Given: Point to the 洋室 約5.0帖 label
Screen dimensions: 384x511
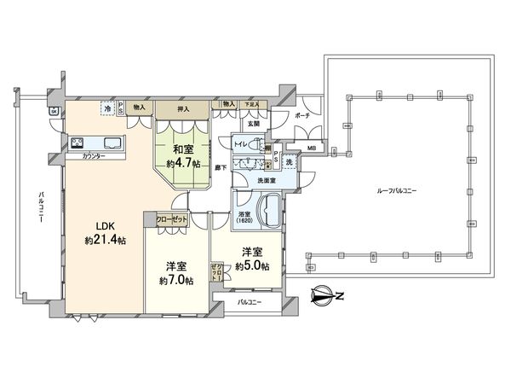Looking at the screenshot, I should [253, 259].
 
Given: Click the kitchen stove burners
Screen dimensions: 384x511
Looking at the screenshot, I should [77, 143].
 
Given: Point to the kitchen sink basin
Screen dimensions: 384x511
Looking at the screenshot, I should [112, 143].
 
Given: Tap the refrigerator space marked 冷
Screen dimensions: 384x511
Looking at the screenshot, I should [106, 108].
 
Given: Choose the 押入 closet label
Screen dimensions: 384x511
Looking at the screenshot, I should [183, 108].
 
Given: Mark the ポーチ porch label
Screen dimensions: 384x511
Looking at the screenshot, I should [301, 113].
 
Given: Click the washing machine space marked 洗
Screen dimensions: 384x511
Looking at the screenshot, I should [290, 162].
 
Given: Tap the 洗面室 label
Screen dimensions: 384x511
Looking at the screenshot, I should [259, 180].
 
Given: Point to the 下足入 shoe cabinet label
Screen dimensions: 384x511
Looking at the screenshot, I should [250, 103].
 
